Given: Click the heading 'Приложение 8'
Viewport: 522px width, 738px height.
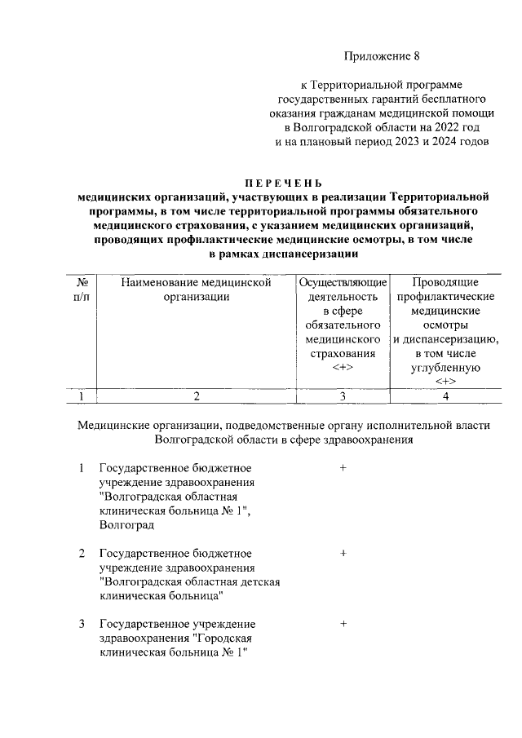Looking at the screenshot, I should (381, 57).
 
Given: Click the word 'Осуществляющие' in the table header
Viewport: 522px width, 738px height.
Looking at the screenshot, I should (343, 281).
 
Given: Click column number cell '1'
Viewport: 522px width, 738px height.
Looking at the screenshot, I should (82, 396).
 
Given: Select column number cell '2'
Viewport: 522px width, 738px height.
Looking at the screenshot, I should (196, 396).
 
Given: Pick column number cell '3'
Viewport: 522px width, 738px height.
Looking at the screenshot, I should (343, 396).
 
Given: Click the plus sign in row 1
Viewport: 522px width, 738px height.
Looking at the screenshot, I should (343, 468).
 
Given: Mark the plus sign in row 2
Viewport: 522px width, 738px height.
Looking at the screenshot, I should (343, 553).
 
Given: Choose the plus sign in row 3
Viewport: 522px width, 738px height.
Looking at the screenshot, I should (343, 624).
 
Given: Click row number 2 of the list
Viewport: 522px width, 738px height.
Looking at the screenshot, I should (82, 553).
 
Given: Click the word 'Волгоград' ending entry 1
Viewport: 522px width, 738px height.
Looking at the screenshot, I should (126, 525).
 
